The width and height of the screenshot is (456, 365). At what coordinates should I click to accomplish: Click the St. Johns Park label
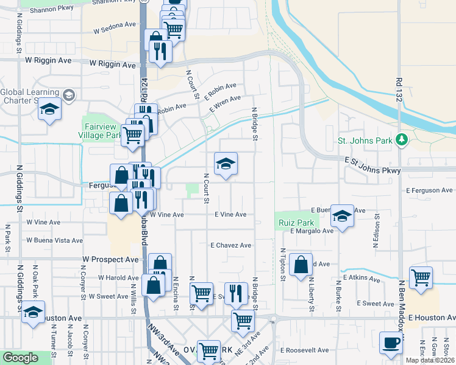tap(365, 141)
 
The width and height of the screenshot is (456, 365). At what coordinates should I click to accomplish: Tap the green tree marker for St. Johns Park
tap(401, 141)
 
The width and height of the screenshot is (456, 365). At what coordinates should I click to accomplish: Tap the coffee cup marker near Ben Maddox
tap(391, 342)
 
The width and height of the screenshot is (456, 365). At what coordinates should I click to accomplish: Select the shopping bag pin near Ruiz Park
tap(301, 265)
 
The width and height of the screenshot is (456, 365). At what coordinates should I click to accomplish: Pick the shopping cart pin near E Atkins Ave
tap(421, 277)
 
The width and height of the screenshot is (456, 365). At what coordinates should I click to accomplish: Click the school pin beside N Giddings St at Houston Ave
tap(34, 311)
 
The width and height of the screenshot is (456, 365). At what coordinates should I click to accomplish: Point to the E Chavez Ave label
tap(231, 246)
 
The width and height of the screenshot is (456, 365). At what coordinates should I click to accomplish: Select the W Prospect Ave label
tap(111, 259)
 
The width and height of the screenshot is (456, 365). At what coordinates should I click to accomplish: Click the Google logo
tap(20, 358)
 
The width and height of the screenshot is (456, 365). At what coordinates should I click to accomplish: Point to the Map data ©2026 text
tap(430, 360)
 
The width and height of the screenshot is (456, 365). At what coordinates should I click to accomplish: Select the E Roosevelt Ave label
tap(305, 350)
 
